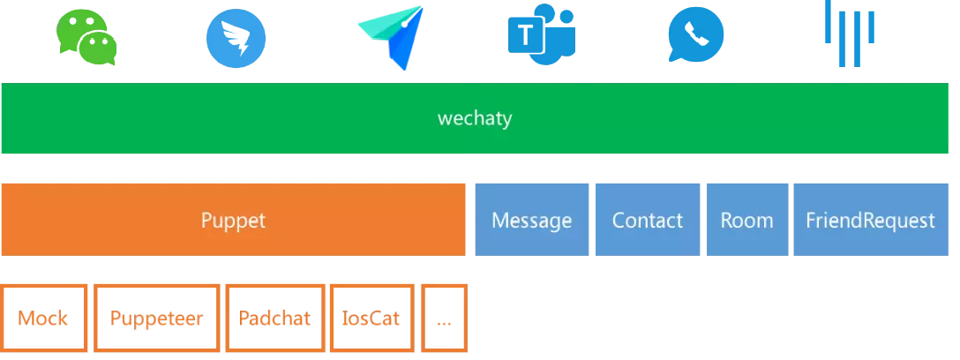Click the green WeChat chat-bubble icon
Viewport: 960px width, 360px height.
86,36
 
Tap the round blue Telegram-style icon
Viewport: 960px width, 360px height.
236,37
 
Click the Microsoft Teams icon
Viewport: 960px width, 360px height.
543,37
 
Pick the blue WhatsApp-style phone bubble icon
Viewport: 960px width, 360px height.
696,37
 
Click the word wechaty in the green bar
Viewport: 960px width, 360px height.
475,118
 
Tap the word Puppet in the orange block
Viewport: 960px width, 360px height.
233,220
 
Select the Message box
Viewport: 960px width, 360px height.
531,220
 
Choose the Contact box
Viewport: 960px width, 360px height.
648,220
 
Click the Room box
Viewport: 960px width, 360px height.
746,220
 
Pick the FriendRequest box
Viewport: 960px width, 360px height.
870,220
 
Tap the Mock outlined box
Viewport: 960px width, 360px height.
43,319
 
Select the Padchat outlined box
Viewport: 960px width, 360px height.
274,319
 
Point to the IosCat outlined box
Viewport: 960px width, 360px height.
371,319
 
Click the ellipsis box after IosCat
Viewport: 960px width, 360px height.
444,319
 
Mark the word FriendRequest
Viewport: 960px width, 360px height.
870,220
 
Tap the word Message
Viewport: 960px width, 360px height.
531,220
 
